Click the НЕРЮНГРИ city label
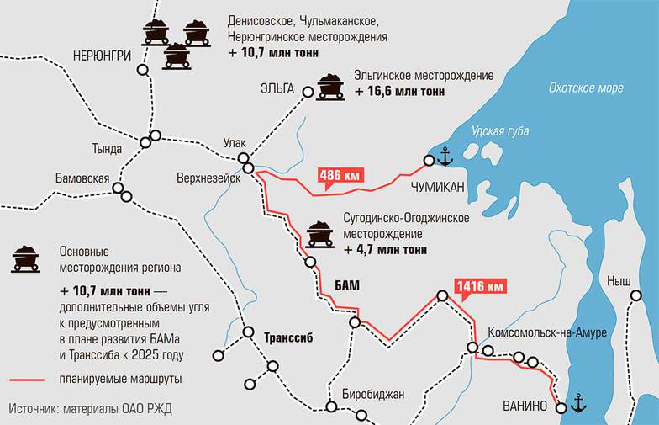103,55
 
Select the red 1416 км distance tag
480,287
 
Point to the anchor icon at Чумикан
445,157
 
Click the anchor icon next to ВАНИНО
577,404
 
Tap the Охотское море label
586,87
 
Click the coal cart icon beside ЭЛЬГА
329,86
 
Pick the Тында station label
107,149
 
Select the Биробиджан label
373,394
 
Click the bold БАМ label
345,285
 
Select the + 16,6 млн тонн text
401,91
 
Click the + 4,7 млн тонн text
385,249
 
